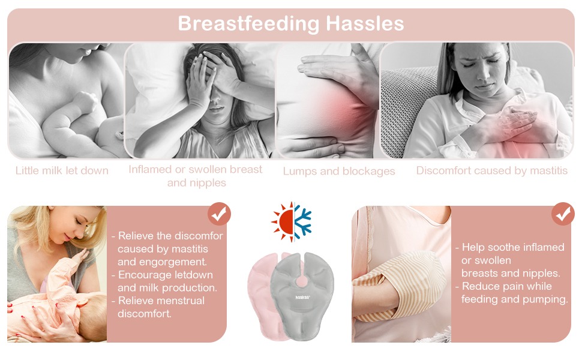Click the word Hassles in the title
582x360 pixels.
(x=364, y=23)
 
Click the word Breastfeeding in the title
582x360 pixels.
(x=248, y=24)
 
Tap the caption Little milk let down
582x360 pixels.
(x=62, y=171)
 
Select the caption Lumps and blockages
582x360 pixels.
(x=339, y=172)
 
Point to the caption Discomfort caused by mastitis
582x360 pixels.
(x=492, y=170)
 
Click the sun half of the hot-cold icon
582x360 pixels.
(x=283, y=222)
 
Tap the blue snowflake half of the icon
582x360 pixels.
(x=303, y=222)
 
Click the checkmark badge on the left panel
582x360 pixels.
(x=219, y=214)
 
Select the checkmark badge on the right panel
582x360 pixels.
(x=563, y=214)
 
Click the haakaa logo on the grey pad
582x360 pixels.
(x=302, y=297)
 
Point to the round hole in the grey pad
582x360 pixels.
(x=301, y=281)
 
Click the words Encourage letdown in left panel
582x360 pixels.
(x=166, y=275)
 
